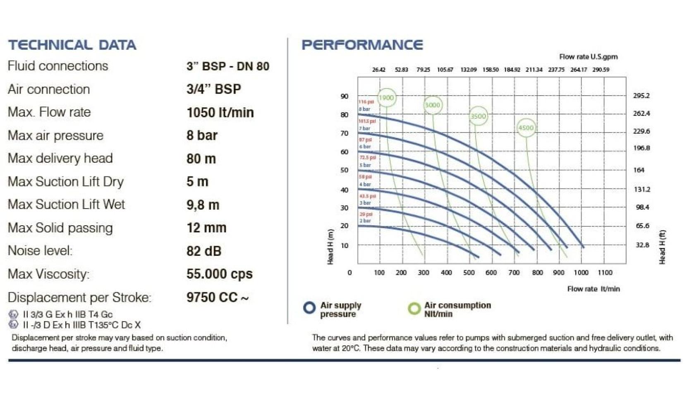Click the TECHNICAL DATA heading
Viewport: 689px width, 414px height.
pyautogui.click(x=72, y=45)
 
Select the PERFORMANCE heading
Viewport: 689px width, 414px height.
pyautogui.click(x=362, y=45)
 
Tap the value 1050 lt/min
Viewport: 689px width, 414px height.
pyautogui.click(x=220, y=112)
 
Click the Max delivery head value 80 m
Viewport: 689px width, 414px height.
pyautogui.click(x=201, y=159)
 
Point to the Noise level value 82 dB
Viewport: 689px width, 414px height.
pyautogui.click(x=204, y=251)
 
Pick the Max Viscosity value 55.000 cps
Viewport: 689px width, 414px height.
pyautogui.click(x=219, y=274)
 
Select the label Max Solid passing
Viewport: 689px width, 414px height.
pyautogui.click(x=60, y=228)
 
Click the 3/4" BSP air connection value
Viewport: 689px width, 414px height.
pyautogui.click(x=213, y=89)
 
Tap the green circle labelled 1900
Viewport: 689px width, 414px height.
pyautogui.click(x=386, y=98)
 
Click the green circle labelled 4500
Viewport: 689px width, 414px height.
pyautogui.click(x=526, y=128)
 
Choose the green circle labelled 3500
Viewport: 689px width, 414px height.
pyautogui.click(x=478, y=116)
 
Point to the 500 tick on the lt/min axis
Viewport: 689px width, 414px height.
pyautogui.click(x=469, y=272)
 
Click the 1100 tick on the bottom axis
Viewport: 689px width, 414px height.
pyautogui.click(x=605, y=272)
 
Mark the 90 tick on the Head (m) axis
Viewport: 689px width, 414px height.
pyautogui.click(x=344, y=96)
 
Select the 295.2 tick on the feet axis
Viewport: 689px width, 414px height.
pyautogui.click(x=641, y=96)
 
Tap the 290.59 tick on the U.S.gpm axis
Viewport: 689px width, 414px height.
pyautogui.click(x=600, y=70)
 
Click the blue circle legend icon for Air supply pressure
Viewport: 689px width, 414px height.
pyautogui.click(x=309, y=308)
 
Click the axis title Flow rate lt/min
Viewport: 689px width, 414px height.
pyautogui.click(x=593, y=289)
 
